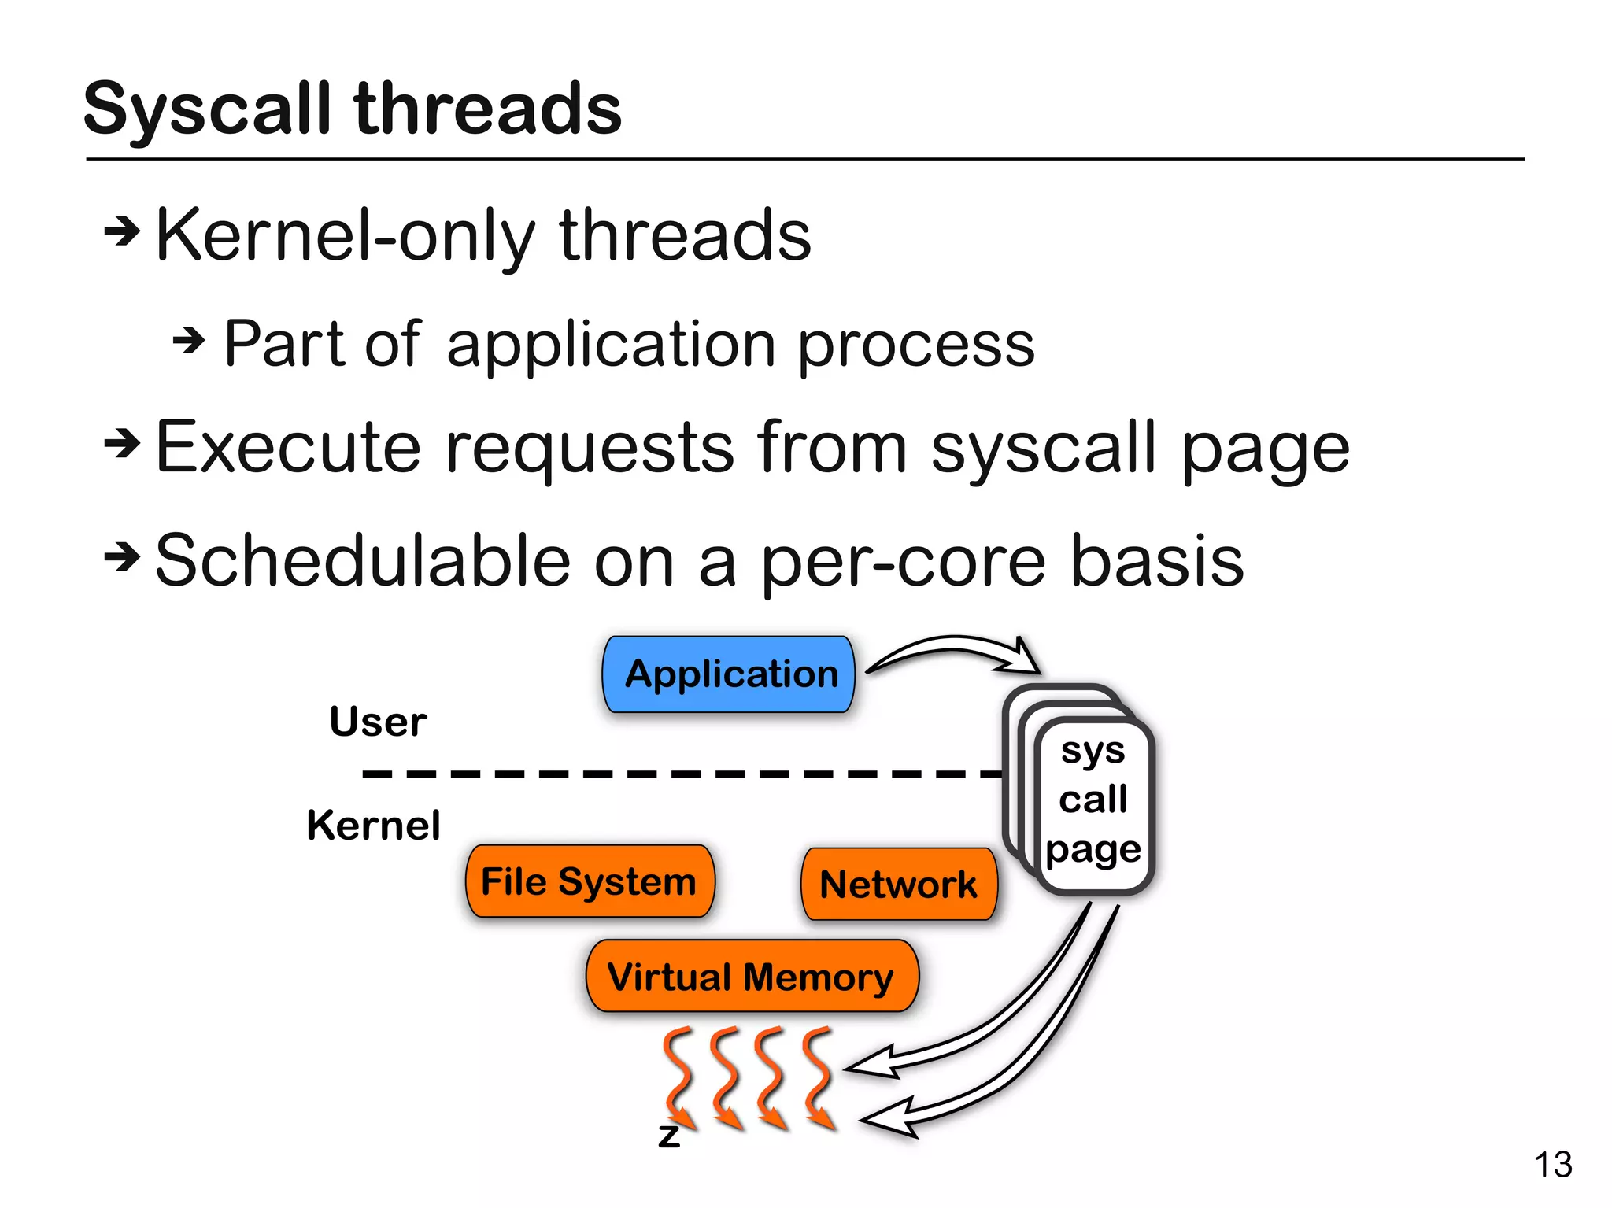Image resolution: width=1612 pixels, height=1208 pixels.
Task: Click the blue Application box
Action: tap(728, 674)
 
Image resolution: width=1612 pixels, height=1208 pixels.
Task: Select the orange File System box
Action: tap(590, 881)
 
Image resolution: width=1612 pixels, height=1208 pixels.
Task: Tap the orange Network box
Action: tap(899, 884)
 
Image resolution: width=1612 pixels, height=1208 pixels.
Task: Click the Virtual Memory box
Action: tap(751, 977)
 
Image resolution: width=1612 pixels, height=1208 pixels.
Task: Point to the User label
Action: tap(378, 721)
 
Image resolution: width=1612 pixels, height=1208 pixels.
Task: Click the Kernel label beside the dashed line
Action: tap(373, 826)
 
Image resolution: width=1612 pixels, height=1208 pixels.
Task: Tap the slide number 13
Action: tap(1552, 1165)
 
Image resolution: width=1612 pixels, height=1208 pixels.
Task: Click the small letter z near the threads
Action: tap(669, 1136)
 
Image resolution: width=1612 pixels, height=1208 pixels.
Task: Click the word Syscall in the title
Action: tap(207, 110)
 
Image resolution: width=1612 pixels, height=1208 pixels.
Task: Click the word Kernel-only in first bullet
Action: tap(346, 235)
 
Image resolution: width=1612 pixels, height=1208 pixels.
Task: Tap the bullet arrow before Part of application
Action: tap(189, 341)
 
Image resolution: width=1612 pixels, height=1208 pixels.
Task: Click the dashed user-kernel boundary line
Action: tap(677, 774)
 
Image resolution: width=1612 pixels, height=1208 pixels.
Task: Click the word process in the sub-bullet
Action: tap(916, 345)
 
